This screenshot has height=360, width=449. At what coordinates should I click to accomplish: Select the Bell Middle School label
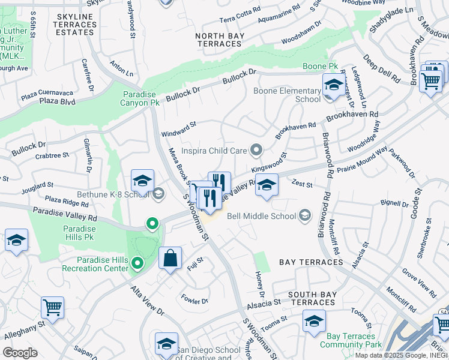(262, 216)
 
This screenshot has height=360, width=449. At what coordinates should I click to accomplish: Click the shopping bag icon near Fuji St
(170, 259)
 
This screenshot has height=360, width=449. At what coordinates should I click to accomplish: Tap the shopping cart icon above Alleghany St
(52, 308)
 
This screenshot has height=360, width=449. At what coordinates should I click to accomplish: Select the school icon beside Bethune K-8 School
(142, 181)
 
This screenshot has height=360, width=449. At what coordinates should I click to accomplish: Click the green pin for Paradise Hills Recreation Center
(137, 263)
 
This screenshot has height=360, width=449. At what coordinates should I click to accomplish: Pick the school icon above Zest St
(267, 185)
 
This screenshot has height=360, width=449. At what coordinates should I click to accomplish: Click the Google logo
(20, 353)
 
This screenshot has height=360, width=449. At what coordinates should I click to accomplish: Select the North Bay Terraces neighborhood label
(218, 40)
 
